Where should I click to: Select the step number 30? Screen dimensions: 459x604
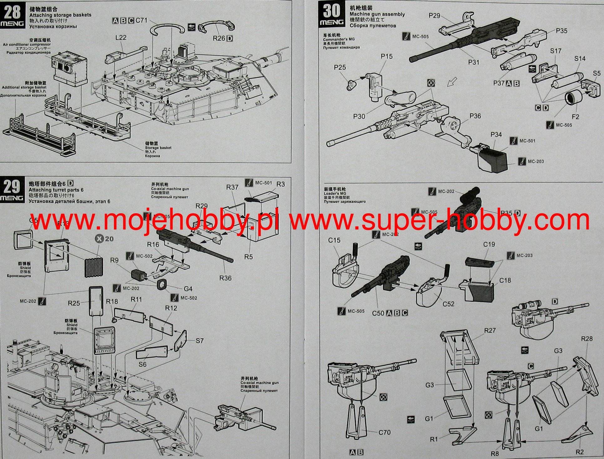331,11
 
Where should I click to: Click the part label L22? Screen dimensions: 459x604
121,38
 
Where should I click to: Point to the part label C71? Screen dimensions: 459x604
141,20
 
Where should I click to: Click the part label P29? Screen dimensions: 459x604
434,16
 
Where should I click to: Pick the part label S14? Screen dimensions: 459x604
580,58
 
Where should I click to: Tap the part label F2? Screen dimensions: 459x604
576,117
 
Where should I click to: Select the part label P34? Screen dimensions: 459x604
496,134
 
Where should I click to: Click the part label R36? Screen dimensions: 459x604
225,278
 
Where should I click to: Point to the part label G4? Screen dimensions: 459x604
188,289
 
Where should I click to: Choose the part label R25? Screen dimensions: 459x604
74,303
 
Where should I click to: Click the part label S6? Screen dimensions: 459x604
142,364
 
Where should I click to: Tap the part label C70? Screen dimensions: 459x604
385,432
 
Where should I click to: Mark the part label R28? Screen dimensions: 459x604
587,339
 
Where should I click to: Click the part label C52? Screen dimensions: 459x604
448,304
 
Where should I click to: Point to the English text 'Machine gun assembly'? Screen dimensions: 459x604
377,14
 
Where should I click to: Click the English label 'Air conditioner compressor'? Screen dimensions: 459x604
27,44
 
